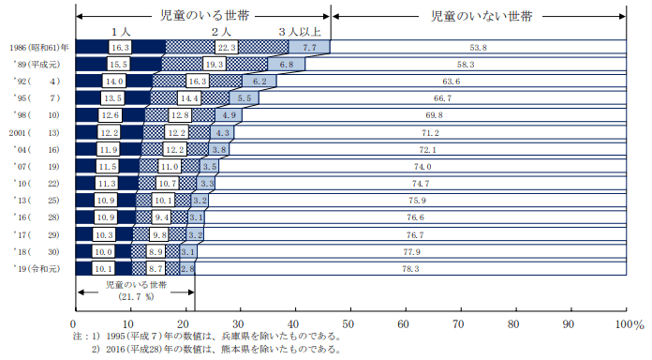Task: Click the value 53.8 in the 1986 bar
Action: pos(478,46)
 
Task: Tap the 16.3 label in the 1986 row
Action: pos(120,46)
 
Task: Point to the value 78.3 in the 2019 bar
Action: pos(409,268)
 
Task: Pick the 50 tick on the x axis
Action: pos(349,323)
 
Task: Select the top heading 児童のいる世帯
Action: pos(201,16)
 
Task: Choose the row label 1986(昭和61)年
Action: pos(37,46)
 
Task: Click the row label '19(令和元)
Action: pos(37,268)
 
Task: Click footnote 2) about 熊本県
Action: pos(215,350)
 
